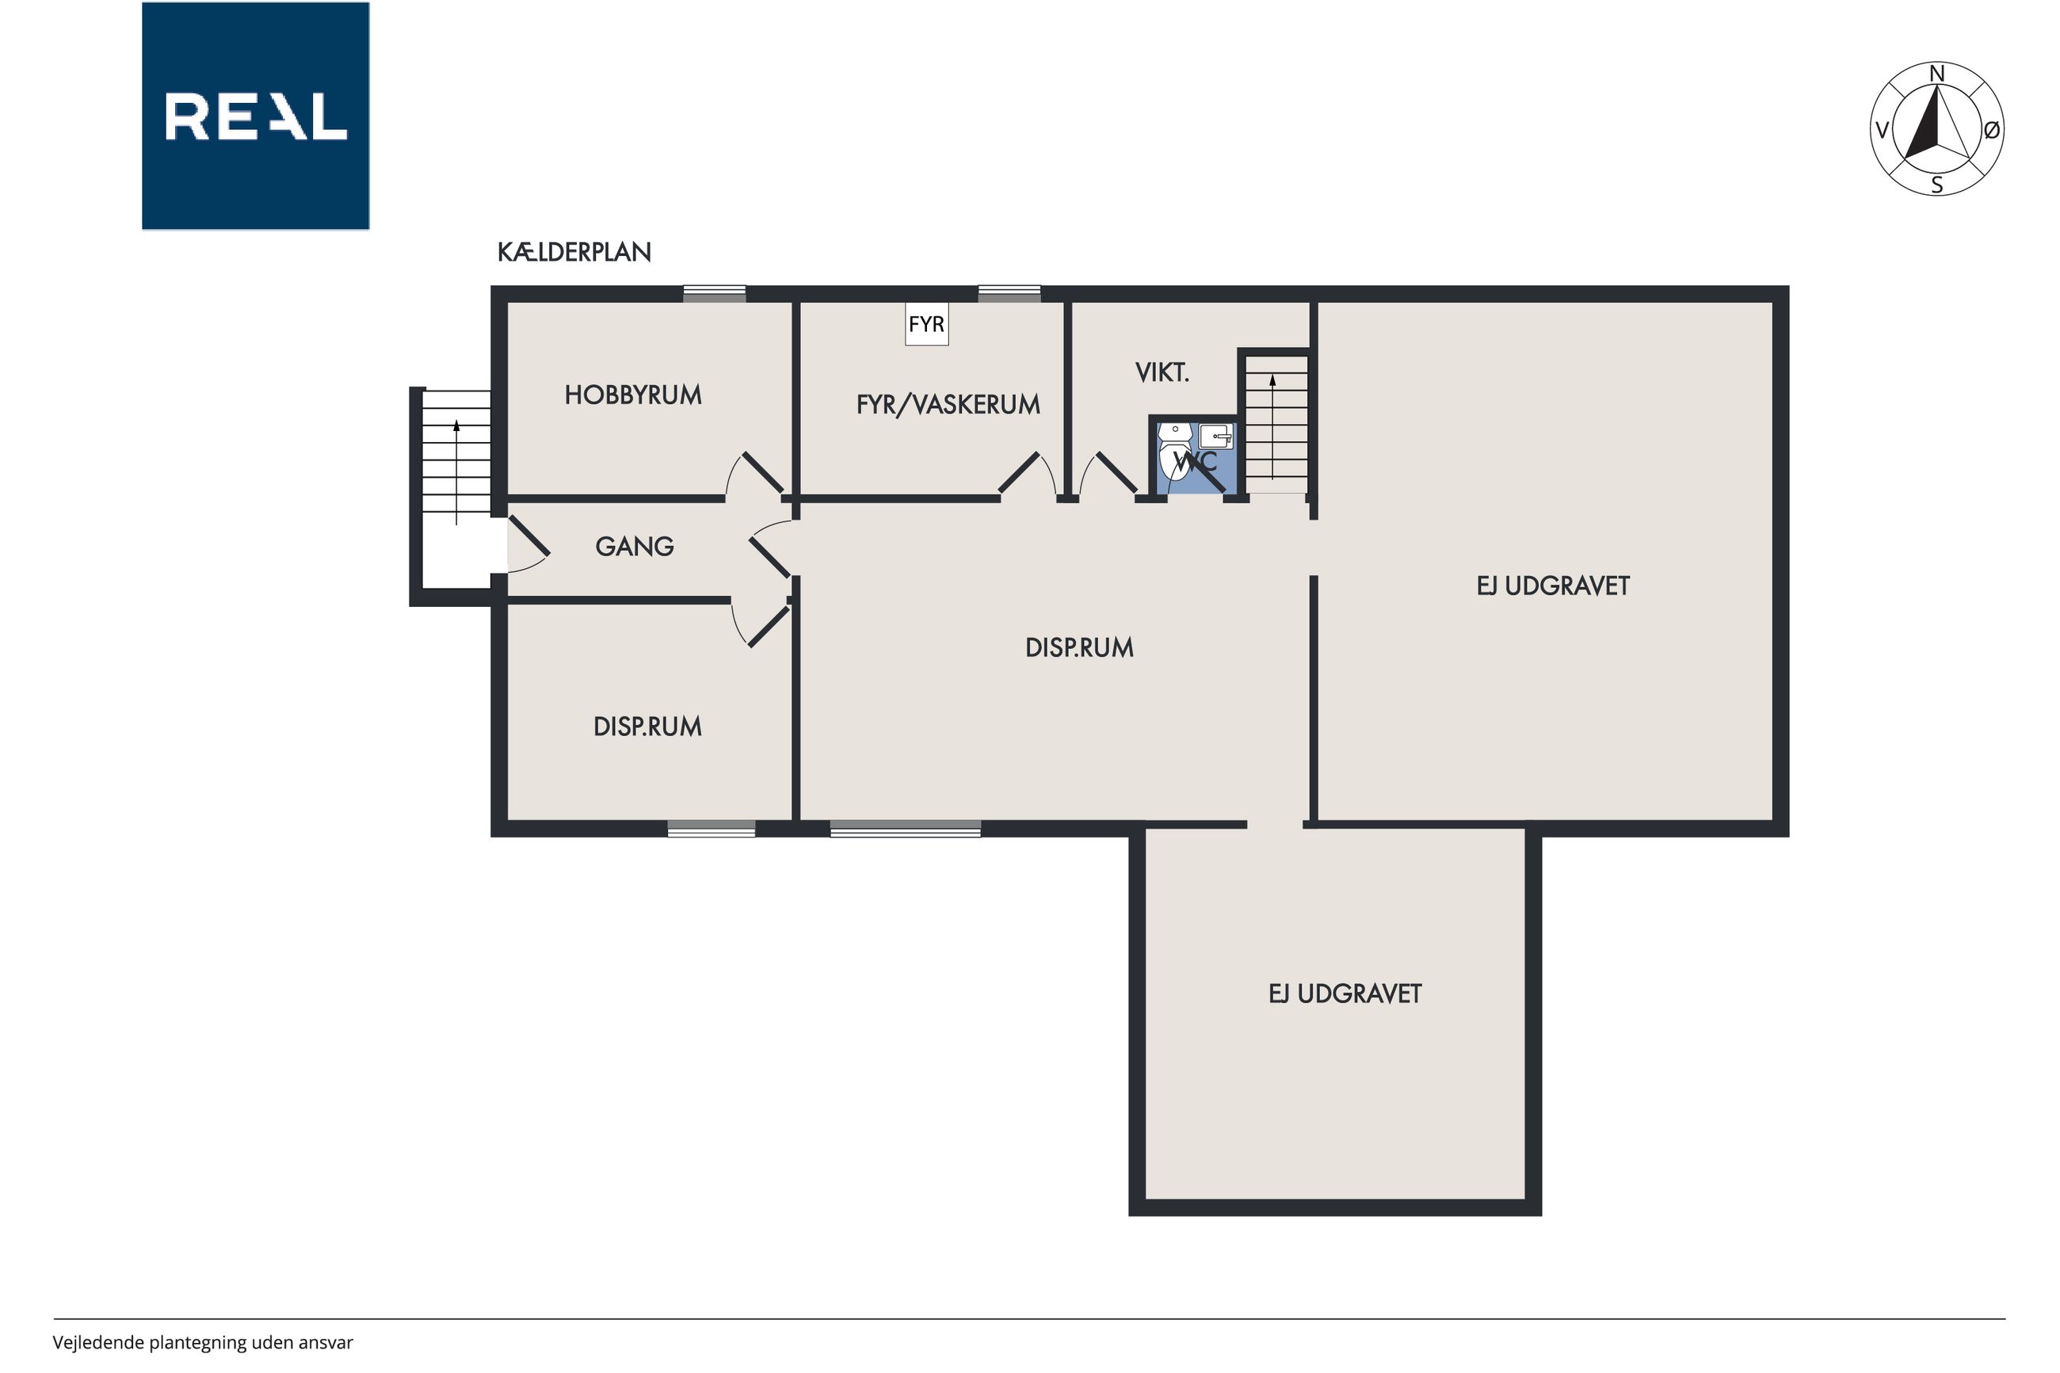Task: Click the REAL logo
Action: point(255,116)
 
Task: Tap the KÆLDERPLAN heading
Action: point(574,252)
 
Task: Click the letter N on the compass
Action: point(1936,74)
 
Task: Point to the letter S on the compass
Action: point(1936,185)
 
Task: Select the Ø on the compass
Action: point(1992,131)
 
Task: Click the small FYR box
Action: point(926,324)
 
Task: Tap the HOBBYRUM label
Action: point(633,395)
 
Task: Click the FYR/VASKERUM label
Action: point(948,405)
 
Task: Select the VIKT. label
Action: point(1162,373)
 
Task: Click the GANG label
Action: point(635,547)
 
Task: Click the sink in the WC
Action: point(1216,436)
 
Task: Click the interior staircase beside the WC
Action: point(1276,425)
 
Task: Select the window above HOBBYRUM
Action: point(715,294)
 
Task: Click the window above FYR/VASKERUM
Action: point(1009,294)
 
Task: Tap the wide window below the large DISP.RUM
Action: point(906,829)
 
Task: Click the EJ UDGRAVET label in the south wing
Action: point(1345,994)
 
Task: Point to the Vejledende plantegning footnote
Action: point(202,1342)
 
